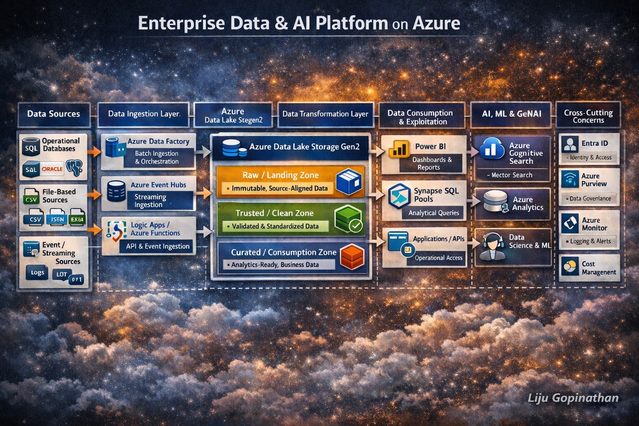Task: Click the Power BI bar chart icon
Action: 399,149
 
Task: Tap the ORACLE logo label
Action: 52,169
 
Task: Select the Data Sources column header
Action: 53,114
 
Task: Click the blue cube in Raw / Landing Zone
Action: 348,181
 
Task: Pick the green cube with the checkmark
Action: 348,220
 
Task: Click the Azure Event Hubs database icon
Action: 116,191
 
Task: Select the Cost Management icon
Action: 569,266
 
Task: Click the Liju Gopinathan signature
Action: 573,398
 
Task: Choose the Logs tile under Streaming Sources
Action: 37,272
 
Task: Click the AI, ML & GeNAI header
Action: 511,114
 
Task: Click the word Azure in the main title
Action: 436,23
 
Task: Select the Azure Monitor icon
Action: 570,223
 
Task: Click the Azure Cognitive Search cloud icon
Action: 492,149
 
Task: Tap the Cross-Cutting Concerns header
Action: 588,116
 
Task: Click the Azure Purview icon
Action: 570,179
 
